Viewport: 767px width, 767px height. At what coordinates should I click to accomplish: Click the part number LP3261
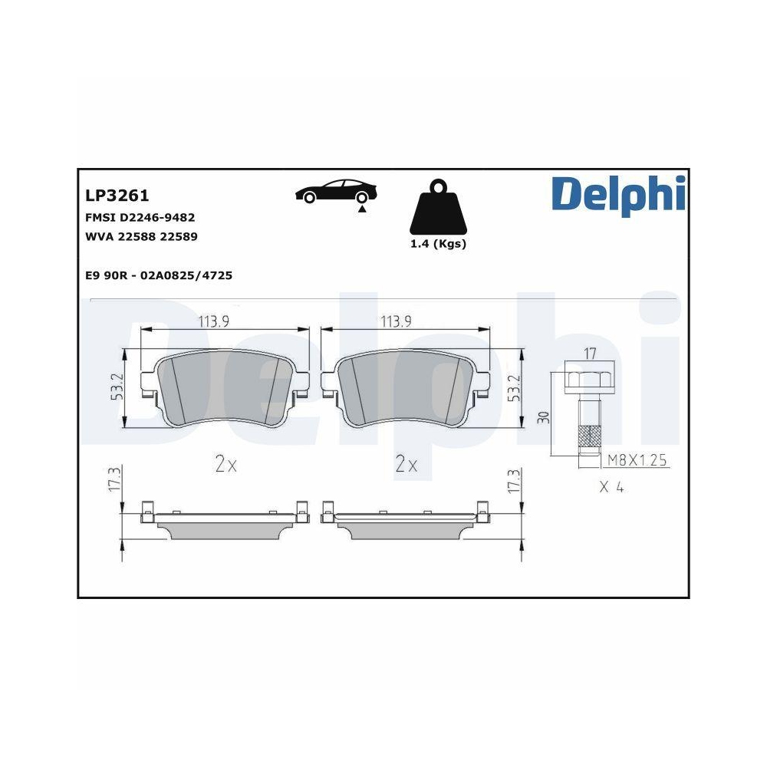[x=117, y=197]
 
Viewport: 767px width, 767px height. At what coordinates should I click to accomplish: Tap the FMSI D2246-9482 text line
[x=140, y=218]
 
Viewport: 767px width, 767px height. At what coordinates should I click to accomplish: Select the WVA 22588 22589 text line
[x=141, y=237]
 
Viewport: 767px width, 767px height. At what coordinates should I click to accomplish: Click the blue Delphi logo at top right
[x=617, y=195]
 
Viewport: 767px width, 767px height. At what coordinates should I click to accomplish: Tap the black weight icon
[x=437, y=209]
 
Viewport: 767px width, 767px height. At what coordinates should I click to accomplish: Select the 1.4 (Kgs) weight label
[x=437, y=244]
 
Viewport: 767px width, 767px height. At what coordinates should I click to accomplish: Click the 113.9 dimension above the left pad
[x=214, y=321]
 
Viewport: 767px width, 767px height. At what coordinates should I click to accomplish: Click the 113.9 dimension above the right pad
[x=397, y=321]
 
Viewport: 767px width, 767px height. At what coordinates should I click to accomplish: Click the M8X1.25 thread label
[x=638, y=460]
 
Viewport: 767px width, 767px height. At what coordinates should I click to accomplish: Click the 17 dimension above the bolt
[x=589, y=354]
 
